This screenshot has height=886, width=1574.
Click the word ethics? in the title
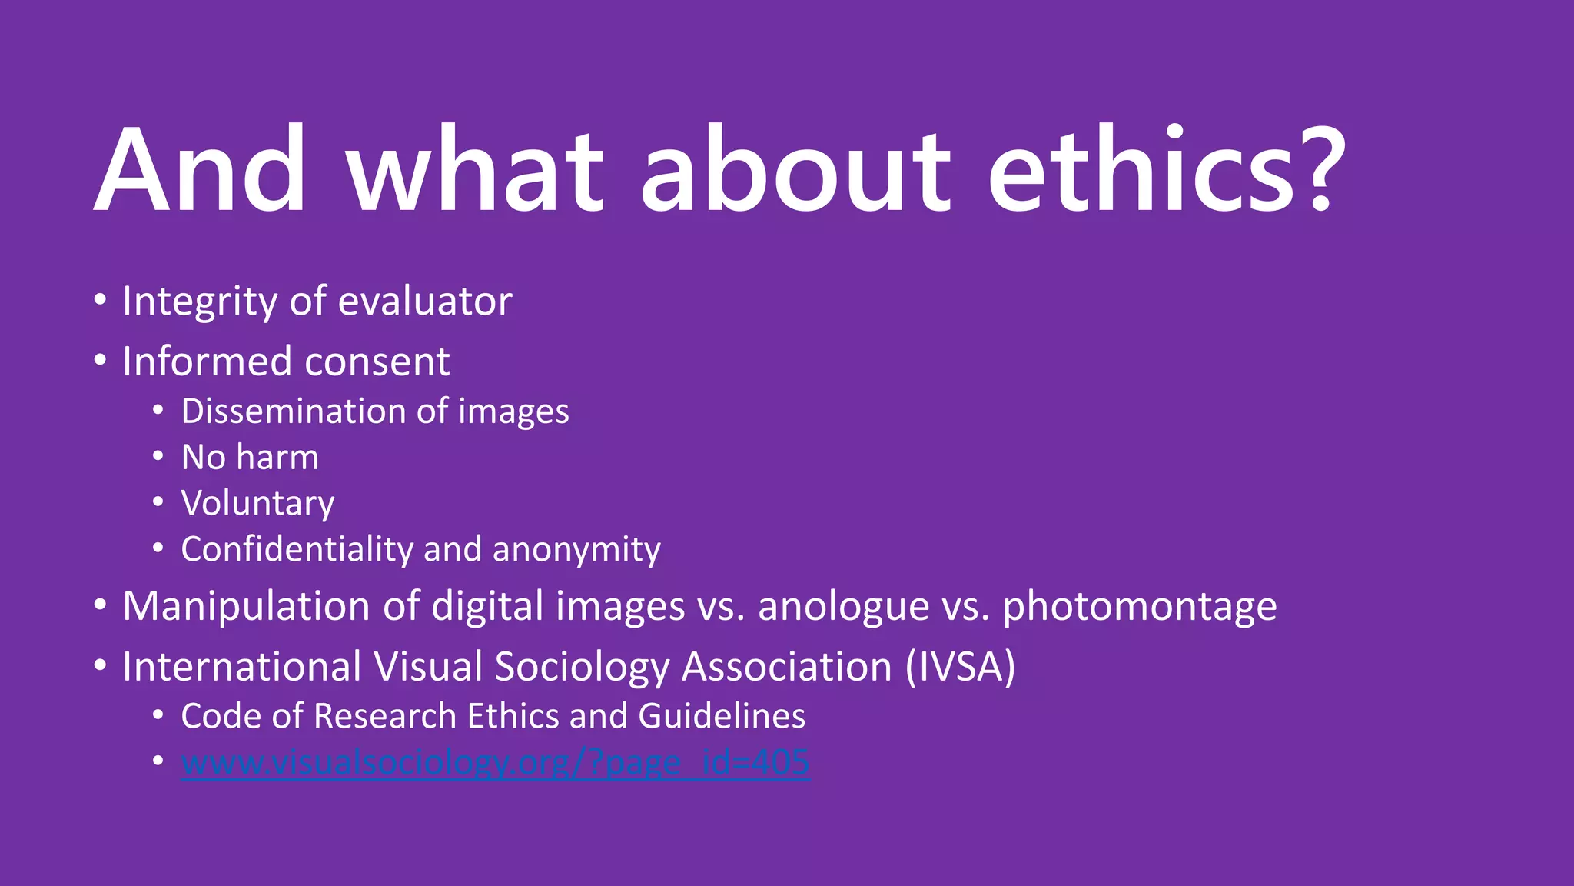point(1167,169)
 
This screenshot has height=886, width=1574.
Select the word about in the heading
point(795,169)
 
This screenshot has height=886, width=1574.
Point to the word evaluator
point(425,301)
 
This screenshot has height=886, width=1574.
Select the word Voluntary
point(258,504)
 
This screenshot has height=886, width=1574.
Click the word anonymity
point(576,551)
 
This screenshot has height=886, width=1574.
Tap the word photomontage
point(1140,608)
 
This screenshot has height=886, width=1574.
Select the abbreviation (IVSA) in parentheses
point(961,667)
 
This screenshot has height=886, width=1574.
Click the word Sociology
point(582,667)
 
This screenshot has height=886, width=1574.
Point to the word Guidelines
point(722,716)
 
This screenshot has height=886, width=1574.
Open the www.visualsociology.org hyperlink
point(496,763)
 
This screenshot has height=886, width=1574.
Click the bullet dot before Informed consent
point(100,361)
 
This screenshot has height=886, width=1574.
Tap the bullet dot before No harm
point(158,457)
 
